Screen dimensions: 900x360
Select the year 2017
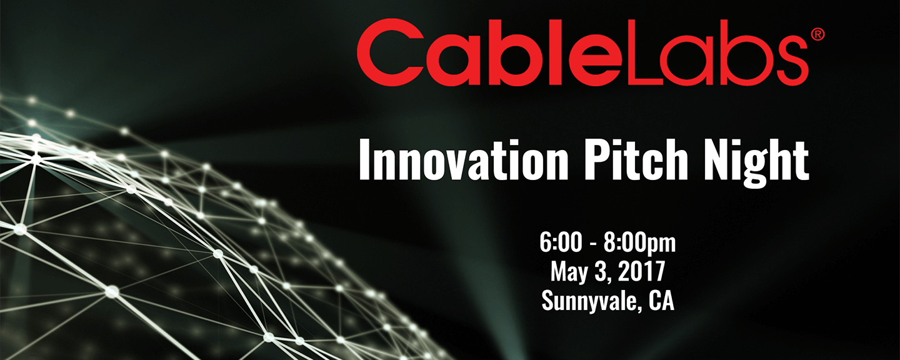point(641,272)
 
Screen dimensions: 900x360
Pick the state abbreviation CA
point(662,301)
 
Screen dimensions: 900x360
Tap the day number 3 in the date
point(599,272)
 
